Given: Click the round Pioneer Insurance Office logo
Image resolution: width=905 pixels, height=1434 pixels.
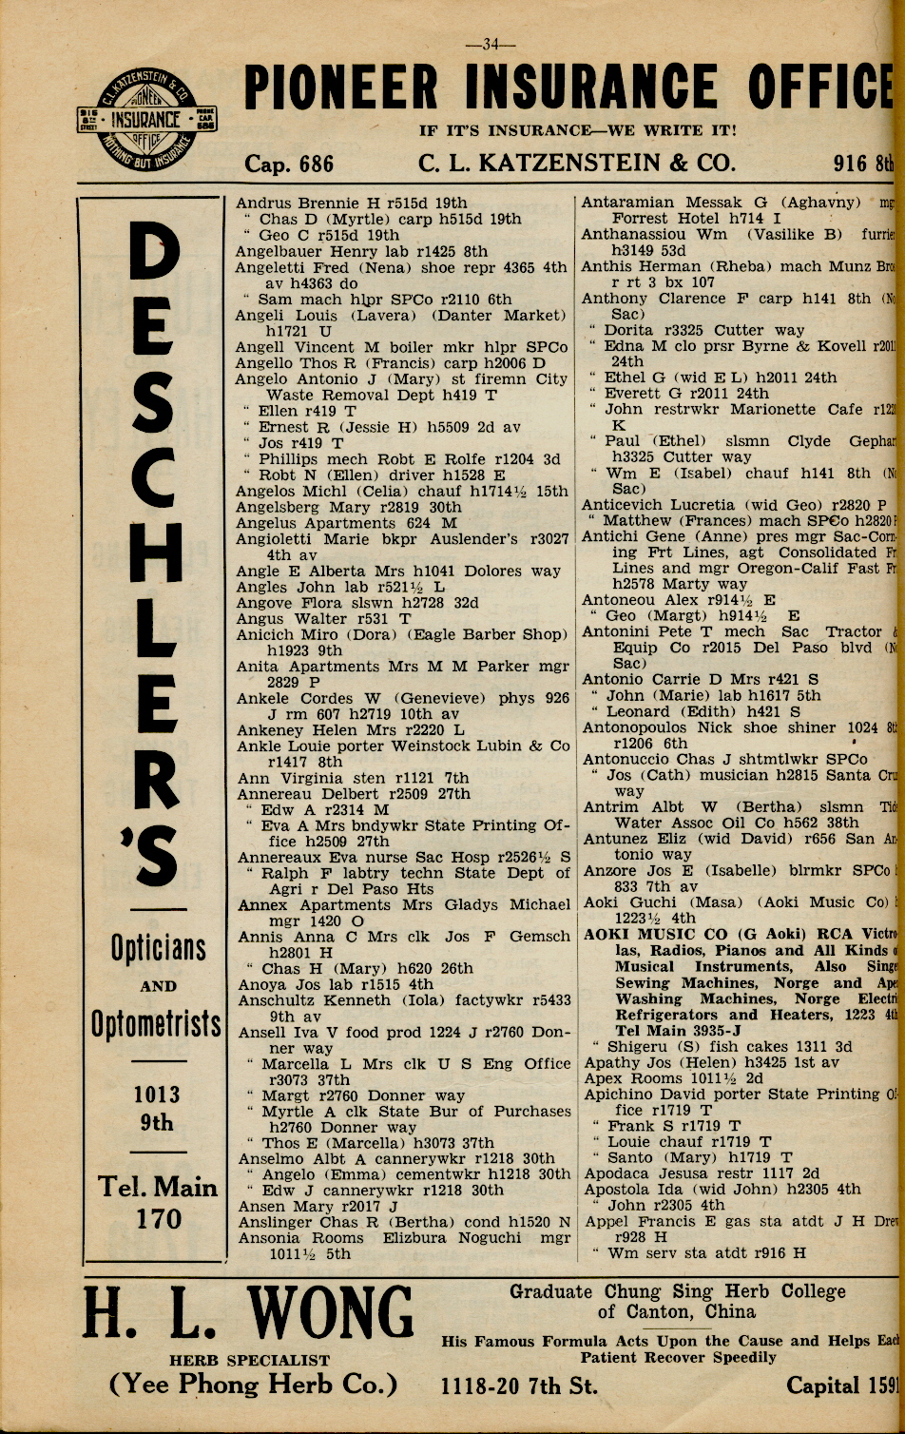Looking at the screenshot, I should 147,120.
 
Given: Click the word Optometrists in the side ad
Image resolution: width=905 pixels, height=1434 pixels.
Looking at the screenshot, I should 157,1024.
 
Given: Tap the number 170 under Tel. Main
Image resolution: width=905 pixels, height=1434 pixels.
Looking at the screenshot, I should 158,1218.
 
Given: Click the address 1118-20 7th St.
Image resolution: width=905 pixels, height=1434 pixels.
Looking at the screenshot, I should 520,1386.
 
